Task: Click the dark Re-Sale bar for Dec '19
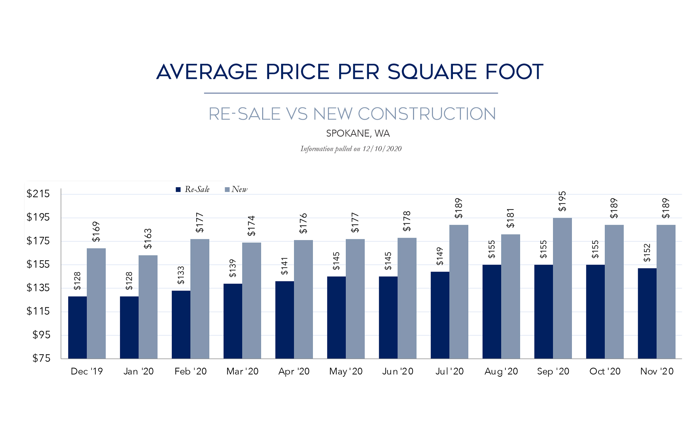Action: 77,327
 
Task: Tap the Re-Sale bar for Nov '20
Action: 647,313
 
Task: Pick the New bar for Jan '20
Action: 148,307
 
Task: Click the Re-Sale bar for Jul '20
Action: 440,315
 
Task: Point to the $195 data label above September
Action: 562,201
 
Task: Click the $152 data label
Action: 647,253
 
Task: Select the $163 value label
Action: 148,239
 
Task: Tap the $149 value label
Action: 440,256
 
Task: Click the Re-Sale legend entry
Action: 193,190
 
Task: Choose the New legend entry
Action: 236,190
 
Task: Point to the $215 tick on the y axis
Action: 38,194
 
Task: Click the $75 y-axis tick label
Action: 41,358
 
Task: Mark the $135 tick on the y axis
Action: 38,288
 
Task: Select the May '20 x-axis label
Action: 346,371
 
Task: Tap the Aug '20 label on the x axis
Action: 501,371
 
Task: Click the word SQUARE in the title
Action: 432,72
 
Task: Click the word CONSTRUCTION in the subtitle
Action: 427,114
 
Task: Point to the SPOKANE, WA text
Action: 358,134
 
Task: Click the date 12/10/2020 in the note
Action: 382,149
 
